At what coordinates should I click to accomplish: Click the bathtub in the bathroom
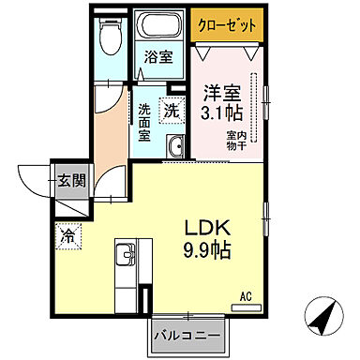point(156,28)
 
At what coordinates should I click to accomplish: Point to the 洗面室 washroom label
point(145,120)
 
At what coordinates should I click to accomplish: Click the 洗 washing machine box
point(172,110)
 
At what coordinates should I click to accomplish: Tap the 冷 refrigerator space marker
point(68,234)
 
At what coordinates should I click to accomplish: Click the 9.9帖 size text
point(208,250)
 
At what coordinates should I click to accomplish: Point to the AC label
point(246,297)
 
